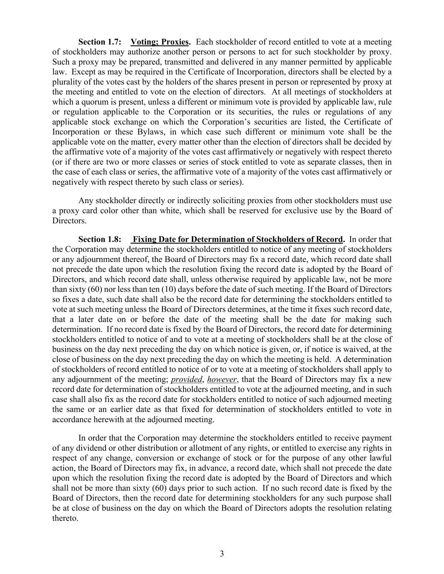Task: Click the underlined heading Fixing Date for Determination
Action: click(x=238, y=240)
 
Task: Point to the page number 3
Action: click(x=222, y=554)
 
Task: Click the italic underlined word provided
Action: click(x=186, y=379)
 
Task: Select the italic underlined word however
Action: click(x=222, y=379)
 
